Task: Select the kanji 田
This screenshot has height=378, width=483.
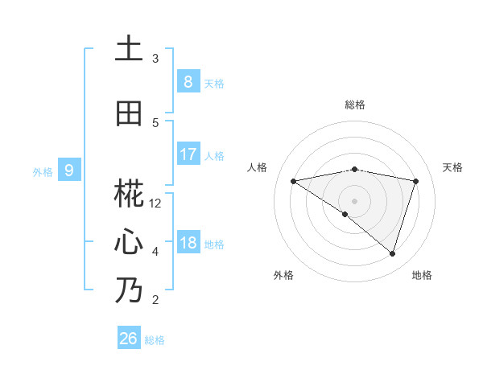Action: [128, 113]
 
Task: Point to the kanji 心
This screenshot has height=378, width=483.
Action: [128, 242]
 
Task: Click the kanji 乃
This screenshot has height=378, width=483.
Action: [128, 290]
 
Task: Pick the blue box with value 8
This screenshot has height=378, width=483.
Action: [188, 81]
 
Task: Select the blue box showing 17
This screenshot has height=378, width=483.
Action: [188, 154]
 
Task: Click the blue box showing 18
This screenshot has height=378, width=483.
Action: [188, 243]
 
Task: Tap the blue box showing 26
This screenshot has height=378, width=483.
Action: [128, 339]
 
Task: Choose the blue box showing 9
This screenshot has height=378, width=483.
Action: [69, 170]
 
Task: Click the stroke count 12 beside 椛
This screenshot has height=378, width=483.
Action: [155, 203]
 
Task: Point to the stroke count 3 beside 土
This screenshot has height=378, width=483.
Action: [155, 59]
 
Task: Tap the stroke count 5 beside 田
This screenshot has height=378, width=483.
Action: [155, 123]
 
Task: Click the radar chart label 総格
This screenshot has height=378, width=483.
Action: [355, 105]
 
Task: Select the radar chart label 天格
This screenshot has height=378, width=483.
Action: [453, 167]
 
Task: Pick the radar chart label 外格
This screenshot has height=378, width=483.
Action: [283, 275]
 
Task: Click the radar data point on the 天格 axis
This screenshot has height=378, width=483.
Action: [416, 181]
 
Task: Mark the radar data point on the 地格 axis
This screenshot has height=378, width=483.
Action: [392, 253]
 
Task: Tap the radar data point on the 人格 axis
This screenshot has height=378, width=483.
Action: [293, 181]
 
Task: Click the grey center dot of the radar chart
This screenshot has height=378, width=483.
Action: [354, 200]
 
